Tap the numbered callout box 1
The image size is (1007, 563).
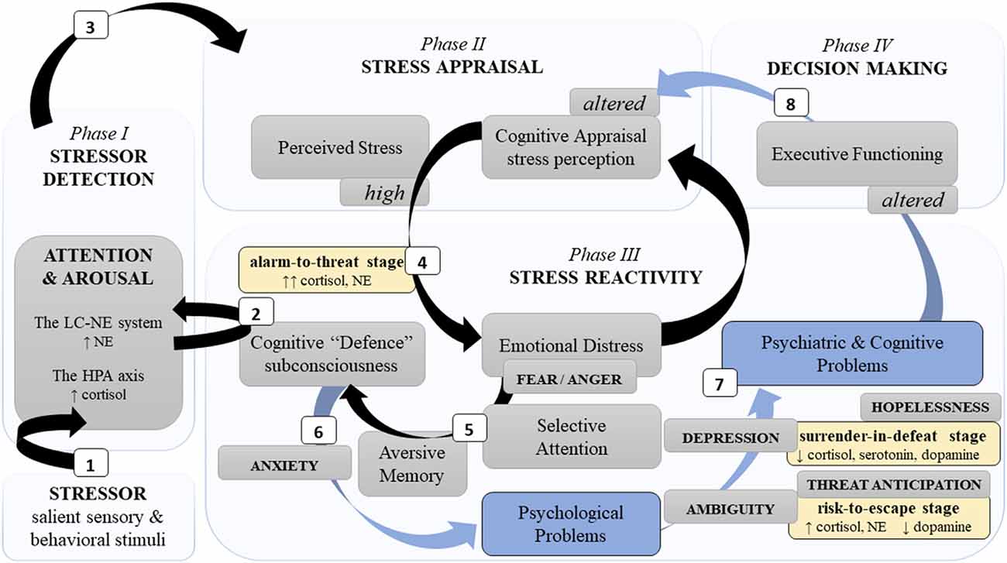(x=91, y=465)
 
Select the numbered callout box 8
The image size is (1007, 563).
(x=790, y=103)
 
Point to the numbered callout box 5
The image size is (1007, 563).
(x=469, y=425)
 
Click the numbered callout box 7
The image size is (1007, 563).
(x=720, y=382)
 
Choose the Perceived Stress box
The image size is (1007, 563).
(x=341, y=146)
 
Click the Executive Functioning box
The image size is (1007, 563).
(x=857, y=153)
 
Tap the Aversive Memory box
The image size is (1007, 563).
(x=412, y=463)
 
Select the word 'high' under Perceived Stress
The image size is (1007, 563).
(x=385, y=193)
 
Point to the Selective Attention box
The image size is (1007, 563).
(x=572, y=436)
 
